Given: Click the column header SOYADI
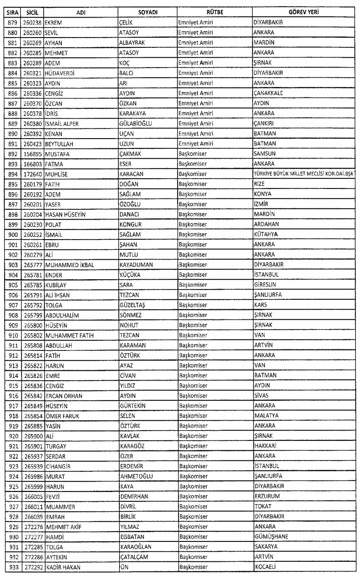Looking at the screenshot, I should pyautogui.click(x=147, y=13).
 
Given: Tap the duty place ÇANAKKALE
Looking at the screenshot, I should pyautogui.click(x=268, y=93).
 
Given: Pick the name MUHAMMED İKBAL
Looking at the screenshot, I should pyautogui.click(x=70, y=265).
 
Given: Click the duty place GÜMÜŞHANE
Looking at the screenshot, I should pyautogui.click(x=270, y=536).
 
